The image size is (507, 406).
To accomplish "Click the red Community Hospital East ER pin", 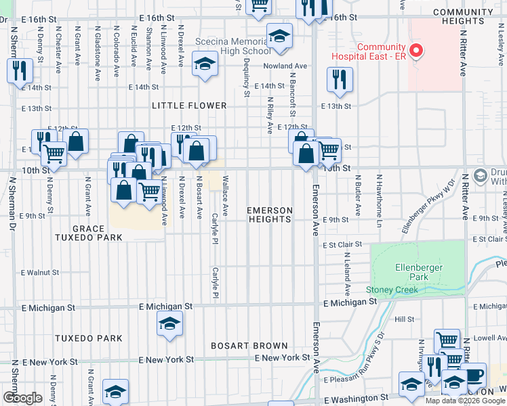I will tap(418, 51).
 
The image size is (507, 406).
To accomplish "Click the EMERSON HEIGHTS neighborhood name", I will tap(270, 215).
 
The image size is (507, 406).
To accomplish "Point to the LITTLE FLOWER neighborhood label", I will tap(189, 106).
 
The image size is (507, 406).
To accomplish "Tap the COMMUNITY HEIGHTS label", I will tap(467, 17).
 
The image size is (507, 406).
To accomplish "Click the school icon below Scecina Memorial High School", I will tap(203, 65).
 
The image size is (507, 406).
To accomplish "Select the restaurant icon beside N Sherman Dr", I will tap(19, 70).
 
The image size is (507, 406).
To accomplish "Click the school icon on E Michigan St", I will tap(169, 323).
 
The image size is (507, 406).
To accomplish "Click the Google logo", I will tap(22, 397).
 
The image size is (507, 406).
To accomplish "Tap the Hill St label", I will tap(404, 319).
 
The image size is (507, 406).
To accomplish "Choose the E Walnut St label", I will tap(40, 273).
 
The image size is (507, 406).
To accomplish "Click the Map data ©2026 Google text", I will tap(465, 400).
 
